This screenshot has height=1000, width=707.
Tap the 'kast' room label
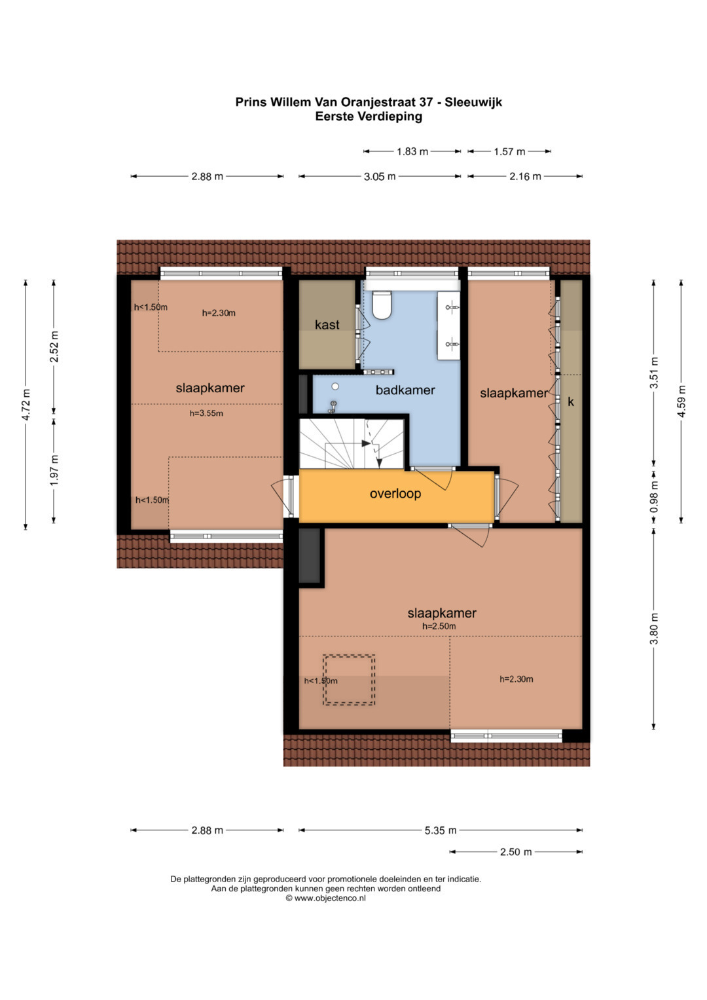(x=327, y=325)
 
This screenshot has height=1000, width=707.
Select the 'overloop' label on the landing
(x=395, y=493)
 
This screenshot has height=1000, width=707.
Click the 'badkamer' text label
(x=405, y=390)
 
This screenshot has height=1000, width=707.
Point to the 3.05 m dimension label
(x=380, y=176)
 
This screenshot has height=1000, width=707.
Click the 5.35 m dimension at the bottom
(x=441, y=830)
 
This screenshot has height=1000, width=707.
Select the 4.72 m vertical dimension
(x=26, y=405)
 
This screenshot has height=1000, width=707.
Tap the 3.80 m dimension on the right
(x=655, y=629)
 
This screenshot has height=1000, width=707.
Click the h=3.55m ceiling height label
(x=206, y=413)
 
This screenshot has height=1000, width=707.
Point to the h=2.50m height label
(x=439, y=626)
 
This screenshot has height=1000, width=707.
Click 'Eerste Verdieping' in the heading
(x=369, y=117)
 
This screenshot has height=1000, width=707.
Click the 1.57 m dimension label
(x=509, y=152)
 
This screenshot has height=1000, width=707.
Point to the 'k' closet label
(x=570, y=402)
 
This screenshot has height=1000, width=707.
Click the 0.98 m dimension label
(x=655, y=496)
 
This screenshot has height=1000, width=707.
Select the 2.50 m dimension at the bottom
(x=516, y=852)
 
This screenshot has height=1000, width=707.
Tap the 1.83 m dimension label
(x=412, y=152)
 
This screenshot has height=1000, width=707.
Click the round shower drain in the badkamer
(x=335, y=386)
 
